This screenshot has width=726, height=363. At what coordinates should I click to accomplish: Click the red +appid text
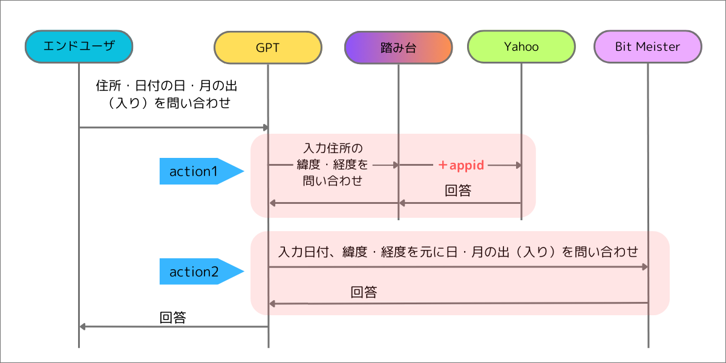click(x=462, y=165)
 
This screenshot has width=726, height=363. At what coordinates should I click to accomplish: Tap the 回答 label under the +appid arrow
click(x=458, y=191)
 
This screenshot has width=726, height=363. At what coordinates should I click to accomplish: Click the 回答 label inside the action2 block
click(x=364, y=292)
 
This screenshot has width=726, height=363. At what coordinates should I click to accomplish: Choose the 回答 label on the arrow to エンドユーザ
click(x=172, y=317)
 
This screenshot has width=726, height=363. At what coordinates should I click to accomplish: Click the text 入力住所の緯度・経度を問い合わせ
click(x=332, y=164)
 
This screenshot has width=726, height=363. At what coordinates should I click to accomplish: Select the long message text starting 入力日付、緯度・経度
click(x=458, y=251)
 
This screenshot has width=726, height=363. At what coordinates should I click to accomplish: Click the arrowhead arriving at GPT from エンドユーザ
click(x=264, y=127)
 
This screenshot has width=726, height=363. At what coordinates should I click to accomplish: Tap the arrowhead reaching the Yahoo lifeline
click(x=517, y=165)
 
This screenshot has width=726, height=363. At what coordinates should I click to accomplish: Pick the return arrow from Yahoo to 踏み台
click(x=460, y=203)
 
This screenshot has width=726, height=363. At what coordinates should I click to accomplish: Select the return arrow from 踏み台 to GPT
click(x=333, y=203)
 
